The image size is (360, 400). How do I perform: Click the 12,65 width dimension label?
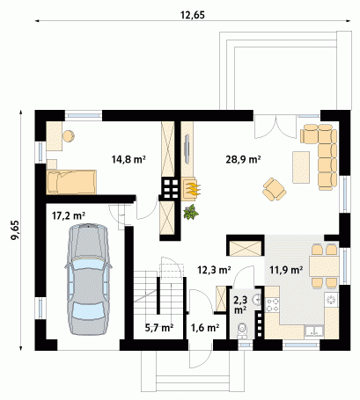coord(193,15)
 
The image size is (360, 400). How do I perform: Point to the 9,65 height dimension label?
coord(14,229)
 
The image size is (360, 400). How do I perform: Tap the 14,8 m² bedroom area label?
coord(129,159)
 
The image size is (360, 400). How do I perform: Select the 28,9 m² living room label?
coord(243,159)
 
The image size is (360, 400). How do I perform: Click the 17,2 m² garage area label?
coord(69,216)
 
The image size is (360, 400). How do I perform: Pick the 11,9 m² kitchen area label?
coord(286,270)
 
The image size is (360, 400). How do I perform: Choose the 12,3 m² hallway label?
coord(214,270)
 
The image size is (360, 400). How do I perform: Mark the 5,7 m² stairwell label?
coord(159,328)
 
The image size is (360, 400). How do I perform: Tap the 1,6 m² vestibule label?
coord(205,328)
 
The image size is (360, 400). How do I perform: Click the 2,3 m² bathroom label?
coord(240,305)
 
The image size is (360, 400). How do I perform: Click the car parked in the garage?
coord(88,279)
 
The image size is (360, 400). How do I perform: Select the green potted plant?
coord(191,212)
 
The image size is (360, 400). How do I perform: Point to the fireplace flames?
coord(194,189)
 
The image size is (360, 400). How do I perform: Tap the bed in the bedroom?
coord(71,182)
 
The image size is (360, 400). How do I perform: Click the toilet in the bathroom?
coord(242,331)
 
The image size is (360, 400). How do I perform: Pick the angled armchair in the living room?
coord(275,189)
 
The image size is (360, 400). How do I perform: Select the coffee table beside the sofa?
coord(301,167)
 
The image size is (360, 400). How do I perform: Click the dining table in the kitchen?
coord(324,266)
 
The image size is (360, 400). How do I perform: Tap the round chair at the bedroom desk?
coord(69,136)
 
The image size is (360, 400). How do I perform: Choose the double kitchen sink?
coord(314,331)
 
